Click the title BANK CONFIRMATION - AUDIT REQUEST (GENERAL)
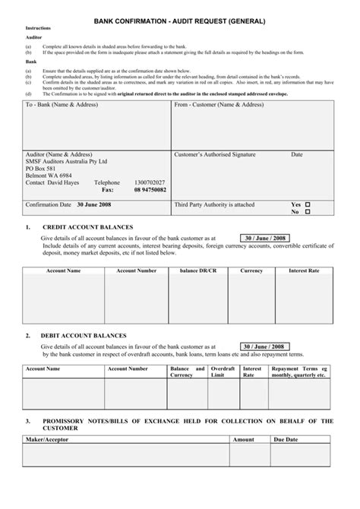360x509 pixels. coord(180,21)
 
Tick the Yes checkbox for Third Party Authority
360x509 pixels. coord(308,204)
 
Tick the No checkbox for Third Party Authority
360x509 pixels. coord(308,212)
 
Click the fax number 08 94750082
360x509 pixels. coord(150,190)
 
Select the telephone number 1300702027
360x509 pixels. coord(149,183)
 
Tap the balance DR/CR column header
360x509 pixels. coord(199,270)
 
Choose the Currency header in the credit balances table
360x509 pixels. coord(251,270)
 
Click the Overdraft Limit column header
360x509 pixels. coord(223,371)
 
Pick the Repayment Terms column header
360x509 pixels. coord(299,371)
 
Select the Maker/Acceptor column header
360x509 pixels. coord(46,440)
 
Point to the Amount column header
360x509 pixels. coord(243,440)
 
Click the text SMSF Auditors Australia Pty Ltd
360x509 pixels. coord(67,162)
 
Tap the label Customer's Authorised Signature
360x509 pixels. coord(215,154)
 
